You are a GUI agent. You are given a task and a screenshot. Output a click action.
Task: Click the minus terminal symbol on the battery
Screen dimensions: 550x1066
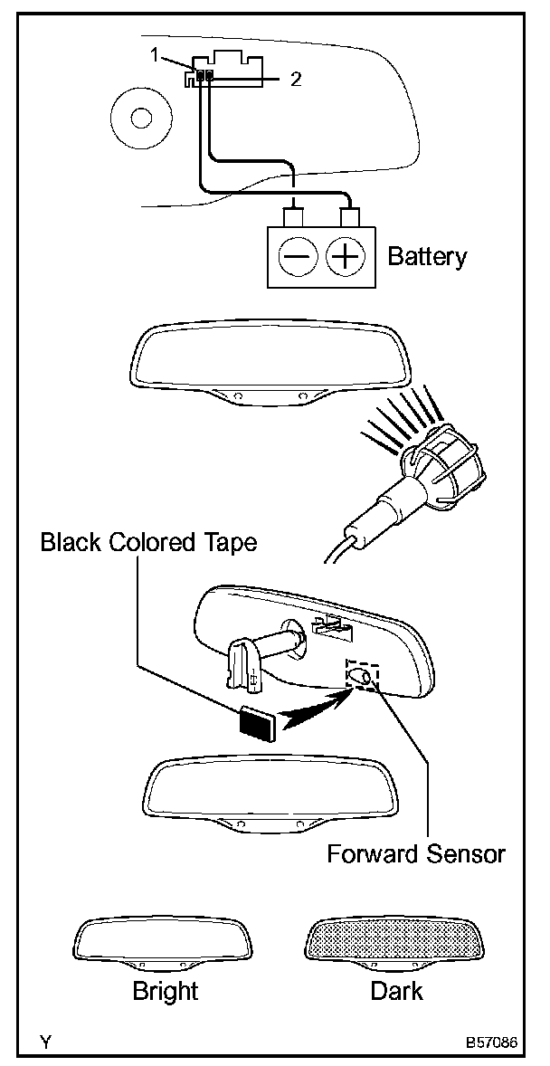(x=296, y=258)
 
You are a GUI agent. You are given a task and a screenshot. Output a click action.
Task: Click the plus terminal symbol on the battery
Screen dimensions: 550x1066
(x=344, y=258)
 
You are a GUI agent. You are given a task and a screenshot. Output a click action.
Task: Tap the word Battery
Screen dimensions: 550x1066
(x=427, y=256)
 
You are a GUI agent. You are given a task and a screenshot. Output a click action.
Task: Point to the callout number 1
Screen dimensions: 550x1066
(x=156, y=55)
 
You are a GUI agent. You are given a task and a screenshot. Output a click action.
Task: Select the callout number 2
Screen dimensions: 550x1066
(x=296, y=79)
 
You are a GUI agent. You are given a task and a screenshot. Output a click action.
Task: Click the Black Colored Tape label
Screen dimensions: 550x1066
(x=149, y=542)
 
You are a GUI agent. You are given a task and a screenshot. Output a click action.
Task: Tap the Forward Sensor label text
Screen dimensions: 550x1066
(x=415, y=852)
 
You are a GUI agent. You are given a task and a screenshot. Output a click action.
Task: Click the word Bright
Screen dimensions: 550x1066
(x=165, y=991)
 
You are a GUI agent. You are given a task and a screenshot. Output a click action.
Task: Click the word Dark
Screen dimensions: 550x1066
(x=396, y=991)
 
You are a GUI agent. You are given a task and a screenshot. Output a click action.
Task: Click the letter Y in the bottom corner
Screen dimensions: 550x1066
(x=43, y=1042)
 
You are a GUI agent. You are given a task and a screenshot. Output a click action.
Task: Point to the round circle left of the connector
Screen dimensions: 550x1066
(x=140, y=118)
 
